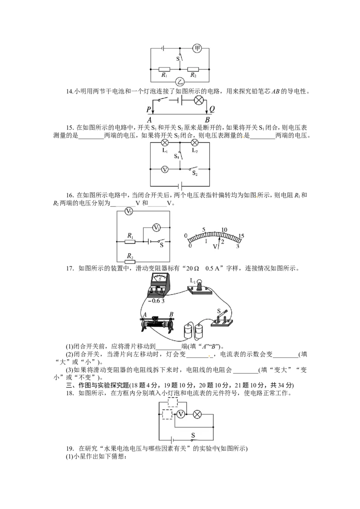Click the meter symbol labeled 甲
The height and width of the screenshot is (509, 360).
pos(197,49)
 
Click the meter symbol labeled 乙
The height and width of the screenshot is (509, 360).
pos(180,82)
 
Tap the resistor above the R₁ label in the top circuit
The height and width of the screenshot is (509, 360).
pos(164,69)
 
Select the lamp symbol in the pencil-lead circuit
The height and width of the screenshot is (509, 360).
pos(199,100)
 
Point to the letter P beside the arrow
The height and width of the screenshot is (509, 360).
pos(148,109)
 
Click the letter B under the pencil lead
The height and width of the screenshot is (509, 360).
pos(207,120)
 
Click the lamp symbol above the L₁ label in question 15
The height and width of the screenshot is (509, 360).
pos(165,143)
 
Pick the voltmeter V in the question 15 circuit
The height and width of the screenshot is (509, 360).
pos(165,169)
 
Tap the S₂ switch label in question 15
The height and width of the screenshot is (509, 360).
pos(194,174)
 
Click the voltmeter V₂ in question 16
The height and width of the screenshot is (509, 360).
pos(129,212)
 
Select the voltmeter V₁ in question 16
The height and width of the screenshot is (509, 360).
pos(156,228)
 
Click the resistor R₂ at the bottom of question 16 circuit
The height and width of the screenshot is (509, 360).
pos(130,262)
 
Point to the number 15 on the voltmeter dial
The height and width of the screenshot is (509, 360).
pos(241,236)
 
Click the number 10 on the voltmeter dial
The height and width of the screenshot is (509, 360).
pos(224,230)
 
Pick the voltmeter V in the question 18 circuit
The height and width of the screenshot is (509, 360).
pos(180,414)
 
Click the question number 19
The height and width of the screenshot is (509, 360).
pos(70,449)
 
